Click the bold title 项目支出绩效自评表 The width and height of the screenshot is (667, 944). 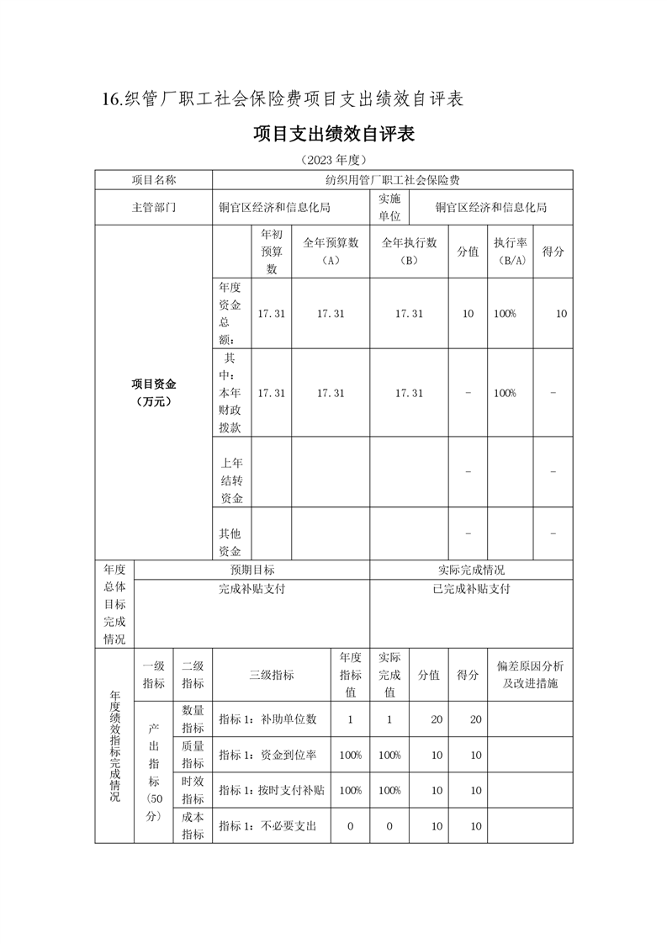[x=333, y=134]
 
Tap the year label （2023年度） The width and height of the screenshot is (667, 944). [x=333, y=159]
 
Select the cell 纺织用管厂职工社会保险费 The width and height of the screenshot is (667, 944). [x=392, y=180]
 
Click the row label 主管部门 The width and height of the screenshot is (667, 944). [x=153, y=207]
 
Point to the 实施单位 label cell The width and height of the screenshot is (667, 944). [x=389, y=207]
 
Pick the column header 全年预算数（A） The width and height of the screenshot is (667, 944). [x=331, y=252]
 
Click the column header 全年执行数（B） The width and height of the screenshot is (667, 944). [x=409, y=252]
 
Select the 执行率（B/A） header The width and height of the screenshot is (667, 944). [x=510, y=252]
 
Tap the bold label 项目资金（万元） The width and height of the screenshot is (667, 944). [x=153, y=393]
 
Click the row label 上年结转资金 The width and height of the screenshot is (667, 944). [x=231, y=480]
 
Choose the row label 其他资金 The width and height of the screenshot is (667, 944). [x=231, y=542]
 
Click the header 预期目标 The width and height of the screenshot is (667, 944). [x=251, y=570]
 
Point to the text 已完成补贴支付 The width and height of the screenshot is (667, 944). [x=471, y=589]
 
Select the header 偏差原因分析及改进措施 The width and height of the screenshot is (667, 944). [x=530, y=675]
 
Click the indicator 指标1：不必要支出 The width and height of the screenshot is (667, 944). [x=267, y=826]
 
